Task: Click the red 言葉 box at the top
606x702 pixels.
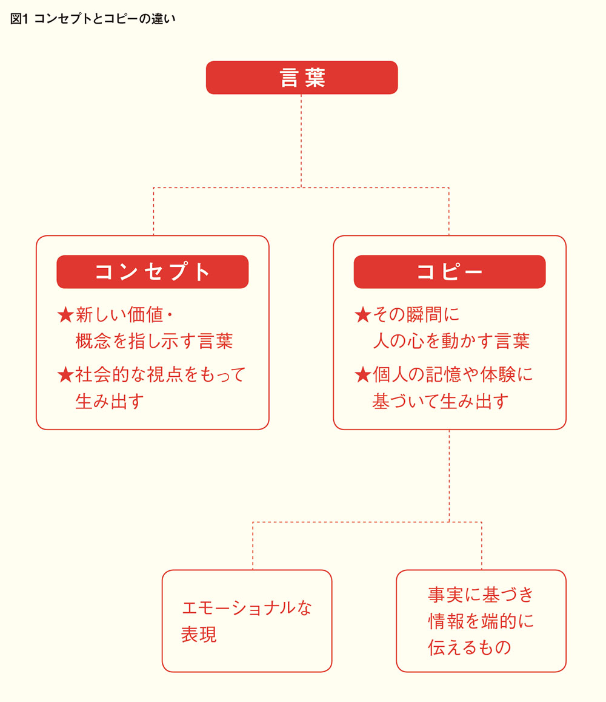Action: (302, 78)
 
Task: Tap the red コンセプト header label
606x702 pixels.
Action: (153, 272)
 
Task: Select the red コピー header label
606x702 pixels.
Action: (450, 272)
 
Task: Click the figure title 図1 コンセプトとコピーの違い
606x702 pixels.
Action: (93, 19)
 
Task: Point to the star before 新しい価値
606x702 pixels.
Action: (65, 315)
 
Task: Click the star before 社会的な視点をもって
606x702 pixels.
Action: (65, 374)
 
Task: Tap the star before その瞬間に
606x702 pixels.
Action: (363, 315)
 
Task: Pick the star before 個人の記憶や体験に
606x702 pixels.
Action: (363, 374)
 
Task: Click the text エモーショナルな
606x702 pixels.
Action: (247, 607)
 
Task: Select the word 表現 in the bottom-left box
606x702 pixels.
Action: (199, 635)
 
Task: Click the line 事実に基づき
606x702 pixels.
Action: (481, 595)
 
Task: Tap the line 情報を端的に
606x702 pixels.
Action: (481, 621)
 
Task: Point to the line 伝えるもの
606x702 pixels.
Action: (469, 647)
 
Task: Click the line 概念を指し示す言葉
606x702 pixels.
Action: (155, 341)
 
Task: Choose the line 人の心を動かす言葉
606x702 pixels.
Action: (451, 341)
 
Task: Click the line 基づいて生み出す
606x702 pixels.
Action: (441, 401)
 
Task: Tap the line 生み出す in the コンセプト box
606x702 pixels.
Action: (110, 401)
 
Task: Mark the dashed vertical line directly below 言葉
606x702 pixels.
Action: (301, 141)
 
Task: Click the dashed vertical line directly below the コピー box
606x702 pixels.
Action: (449, 476)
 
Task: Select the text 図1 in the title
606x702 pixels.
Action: (19, 19)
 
